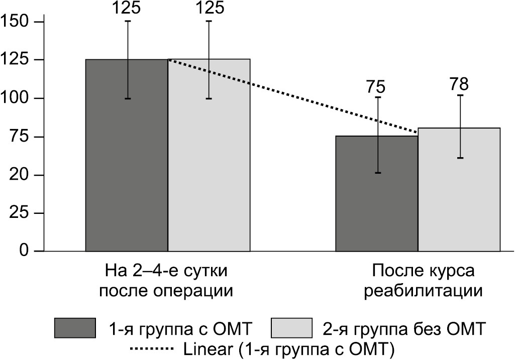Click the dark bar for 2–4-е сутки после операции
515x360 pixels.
(127, 156)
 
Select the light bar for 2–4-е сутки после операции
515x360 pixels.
(209, 156)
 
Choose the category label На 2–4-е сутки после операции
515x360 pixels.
(167, 281)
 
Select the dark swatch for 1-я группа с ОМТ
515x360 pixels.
(74, 328)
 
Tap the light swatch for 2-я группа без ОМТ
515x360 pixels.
(290, 328)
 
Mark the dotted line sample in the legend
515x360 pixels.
(151, 348)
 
